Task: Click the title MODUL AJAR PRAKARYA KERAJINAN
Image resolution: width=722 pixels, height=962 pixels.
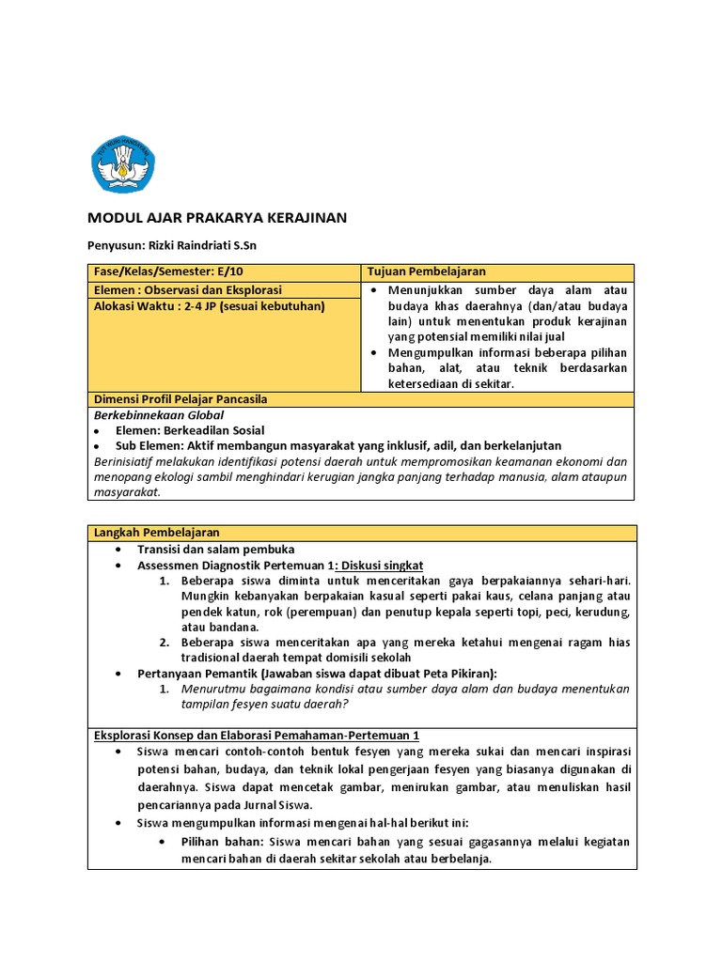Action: [x=217, y=218]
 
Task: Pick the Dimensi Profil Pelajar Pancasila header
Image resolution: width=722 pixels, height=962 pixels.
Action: [x=180, y=399]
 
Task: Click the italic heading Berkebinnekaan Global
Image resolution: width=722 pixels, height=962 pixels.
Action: [x=159, y=414]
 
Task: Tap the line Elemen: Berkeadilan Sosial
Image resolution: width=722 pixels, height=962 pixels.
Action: [x=190, y=430]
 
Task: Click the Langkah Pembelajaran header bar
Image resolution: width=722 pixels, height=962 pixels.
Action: [x=156, y=533]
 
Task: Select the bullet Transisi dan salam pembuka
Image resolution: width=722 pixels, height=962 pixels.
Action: [x=216, y=549]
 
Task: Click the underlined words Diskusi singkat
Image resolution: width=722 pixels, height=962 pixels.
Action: [x=382, y=566]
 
